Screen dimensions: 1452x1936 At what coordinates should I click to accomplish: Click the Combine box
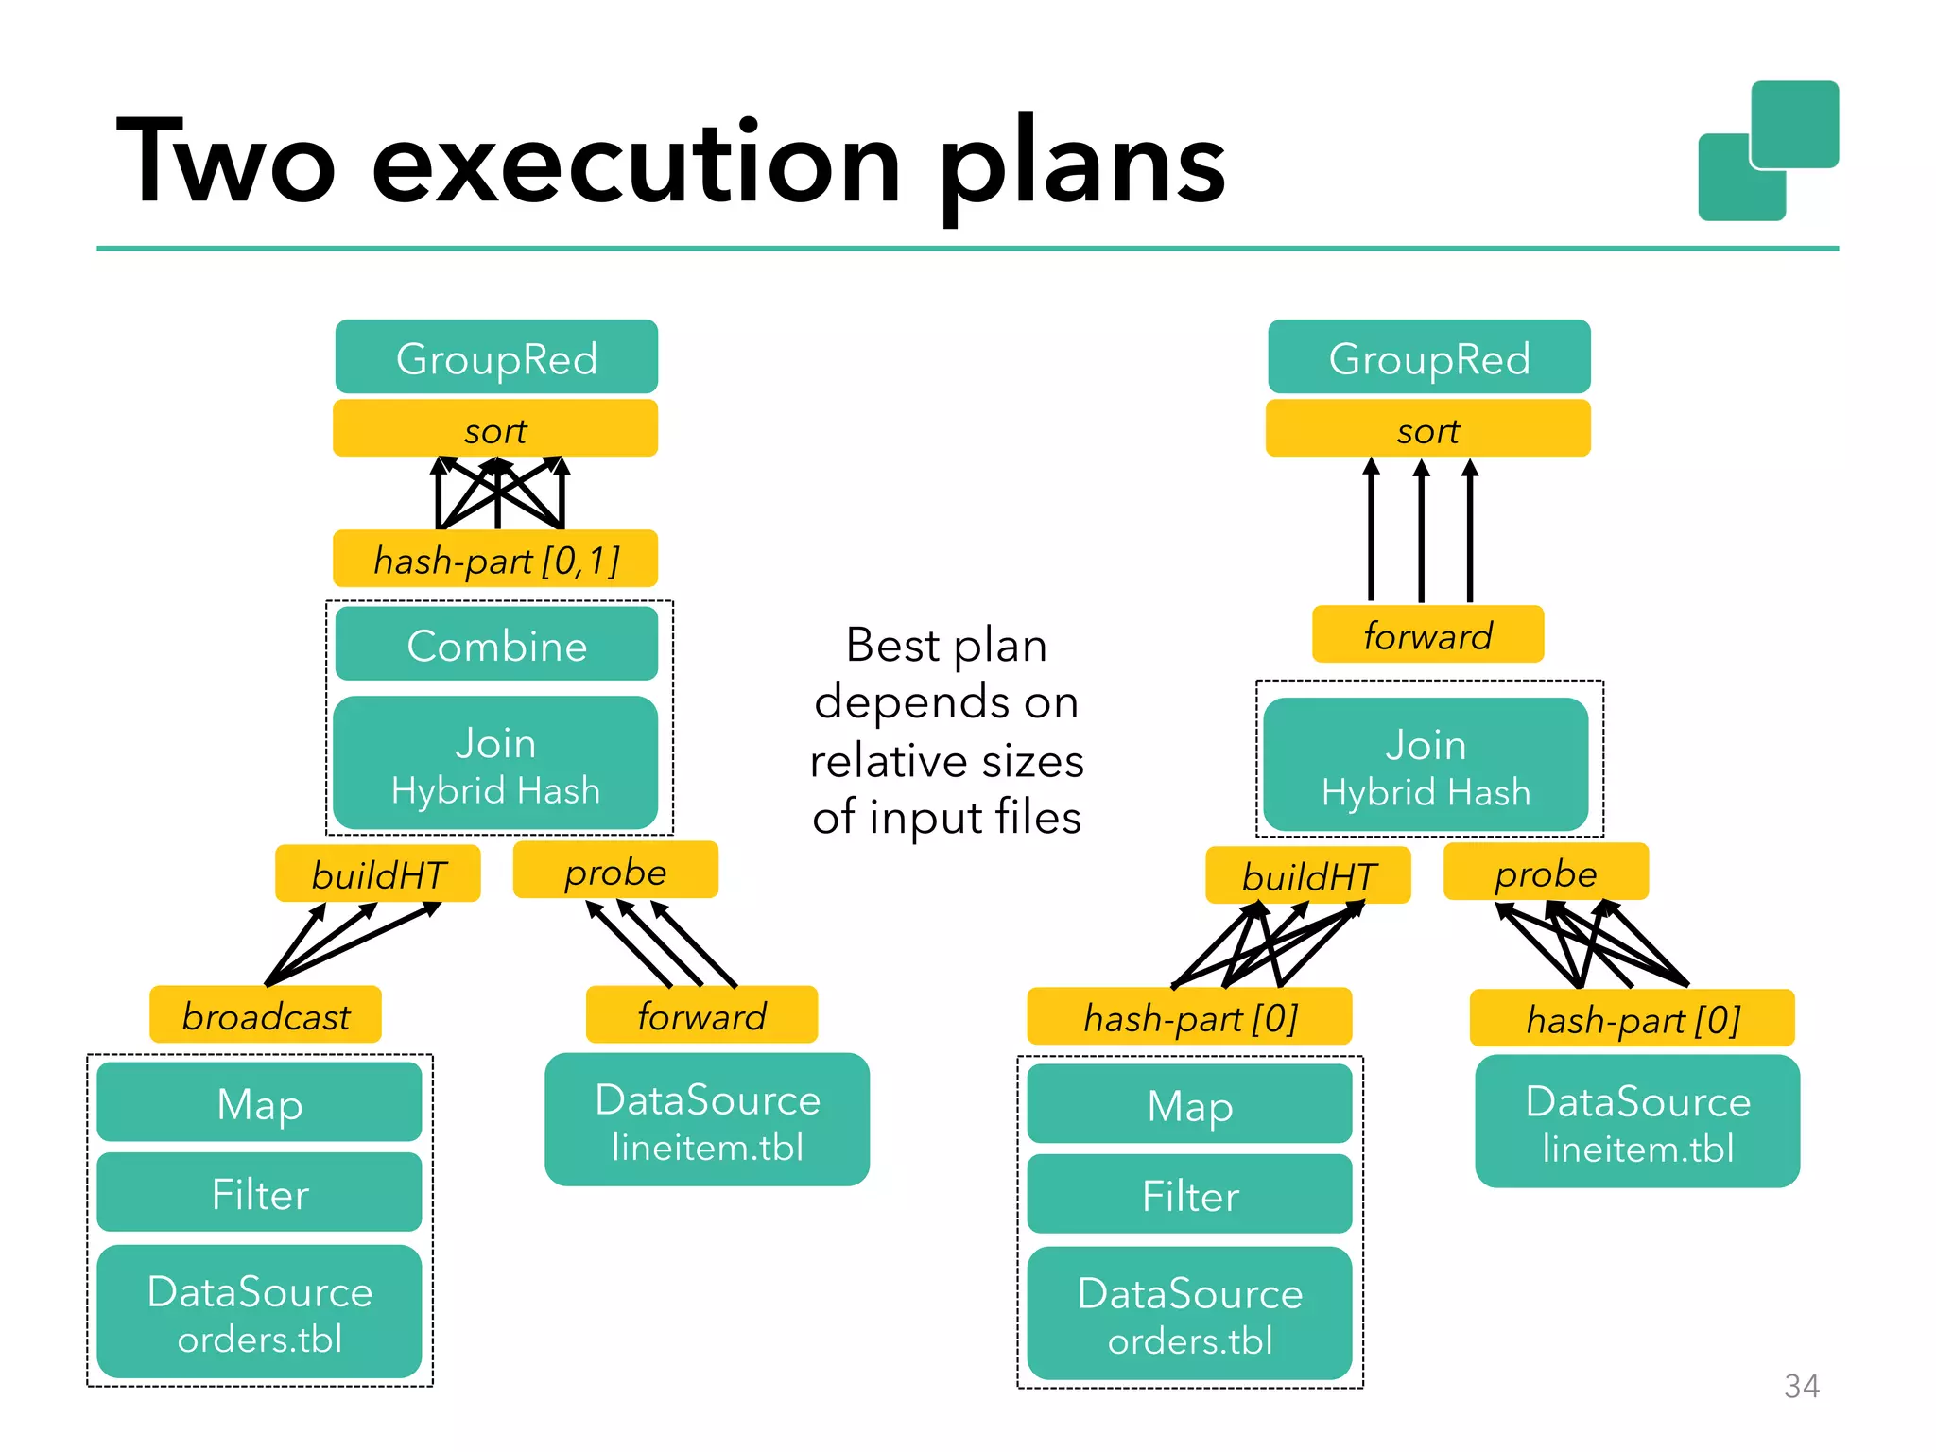pos(496,645)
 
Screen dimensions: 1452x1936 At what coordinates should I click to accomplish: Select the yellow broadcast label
pos(266,1016)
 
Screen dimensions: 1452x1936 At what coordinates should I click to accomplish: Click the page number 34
pos(1801,1386)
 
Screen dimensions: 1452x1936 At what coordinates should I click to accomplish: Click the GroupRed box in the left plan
pos(496,357)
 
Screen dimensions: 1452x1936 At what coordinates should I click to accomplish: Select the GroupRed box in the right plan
pos(1428,357)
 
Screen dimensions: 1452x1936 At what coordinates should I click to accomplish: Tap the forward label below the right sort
pos(1427,635)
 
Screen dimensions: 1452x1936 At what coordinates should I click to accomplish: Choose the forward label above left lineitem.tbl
pos(701,1016)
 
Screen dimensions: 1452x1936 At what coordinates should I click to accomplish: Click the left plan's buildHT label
pos(378,874)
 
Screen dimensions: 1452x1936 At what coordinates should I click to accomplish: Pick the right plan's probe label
pos(1546,873)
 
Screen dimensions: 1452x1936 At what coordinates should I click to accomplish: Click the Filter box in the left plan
pos(260,1193)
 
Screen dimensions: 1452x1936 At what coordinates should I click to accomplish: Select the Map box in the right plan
pos(1189,1104)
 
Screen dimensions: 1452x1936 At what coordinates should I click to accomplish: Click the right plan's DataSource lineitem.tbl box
pos(1637,1122)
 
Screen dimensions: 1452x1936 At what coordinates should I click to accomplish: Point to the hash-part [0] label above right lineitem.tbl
pos(1633,1019)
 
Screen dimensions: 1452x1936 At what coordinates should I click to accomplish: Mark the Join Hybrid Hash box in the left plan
pos(496,764)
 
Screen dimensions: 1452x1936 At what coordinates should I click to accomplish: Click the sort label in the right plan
pos(1428,430)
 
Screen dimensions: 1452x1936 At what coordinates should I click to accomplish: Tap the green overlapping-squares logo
pos(1768,151)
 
